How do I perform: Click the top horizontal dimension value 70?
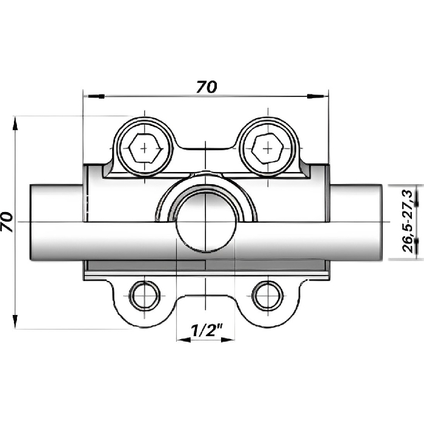click(x=207, y=87)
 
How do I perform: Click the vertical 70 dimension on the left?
click(x=7, y=222)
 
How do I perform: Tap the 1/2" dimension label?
click(x=207, y=330)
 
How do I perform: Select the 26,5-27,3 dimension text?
click(x=407, y=222)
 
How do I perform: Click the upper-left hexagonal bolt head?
click(x=145, y=148)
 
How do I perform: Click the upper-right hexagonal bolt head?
click(x=268, y=148)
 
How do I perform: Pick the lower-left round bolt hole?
click(x=145, y=296)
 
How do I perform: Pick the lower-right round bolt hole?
click(x=268, y=296)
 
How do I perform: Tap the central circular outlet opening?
click(x=205, y=222)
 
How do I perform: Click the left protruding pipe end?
click(x=56, y=222)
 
